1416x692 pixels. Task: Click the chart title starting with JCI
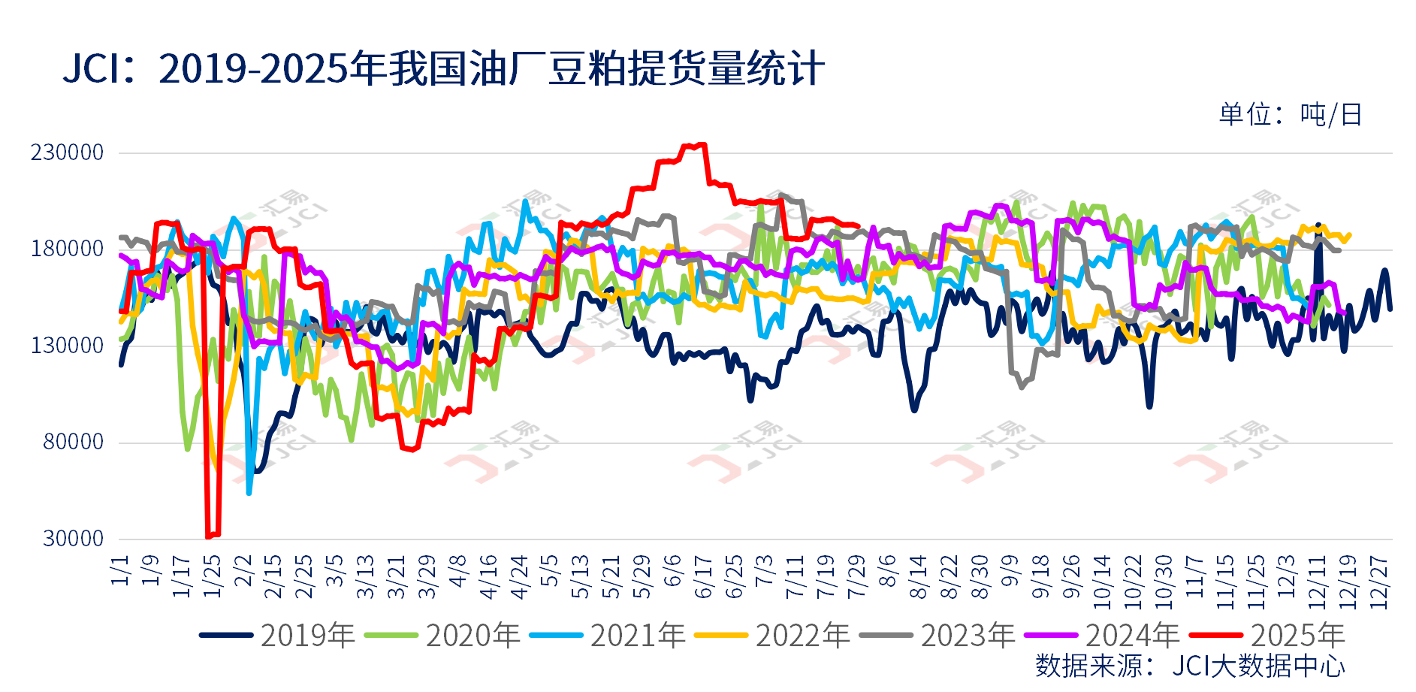click(443, 68)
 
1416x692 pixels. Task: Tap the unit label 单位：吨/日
click(1290, 114)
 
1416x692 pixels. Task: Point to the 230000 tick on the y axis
click(67, 153)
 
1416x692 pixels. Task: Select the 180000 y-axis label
click(67, 249)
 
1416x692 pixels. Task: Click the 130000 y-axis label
click(67, 346)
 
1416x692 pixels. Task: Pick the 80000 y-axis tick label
click(73, 442)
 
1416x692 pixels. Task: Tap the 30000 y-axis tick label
click(73, 538)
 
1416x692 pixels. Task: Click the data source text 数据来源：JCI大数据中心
click(1190, 666)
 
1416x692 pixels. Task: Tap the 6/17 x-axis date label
click(703, 577)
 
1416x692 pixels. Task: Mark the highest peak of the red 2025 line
click(702, 145)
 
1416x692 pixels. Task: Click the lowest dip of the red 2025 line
click(209, 536)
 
